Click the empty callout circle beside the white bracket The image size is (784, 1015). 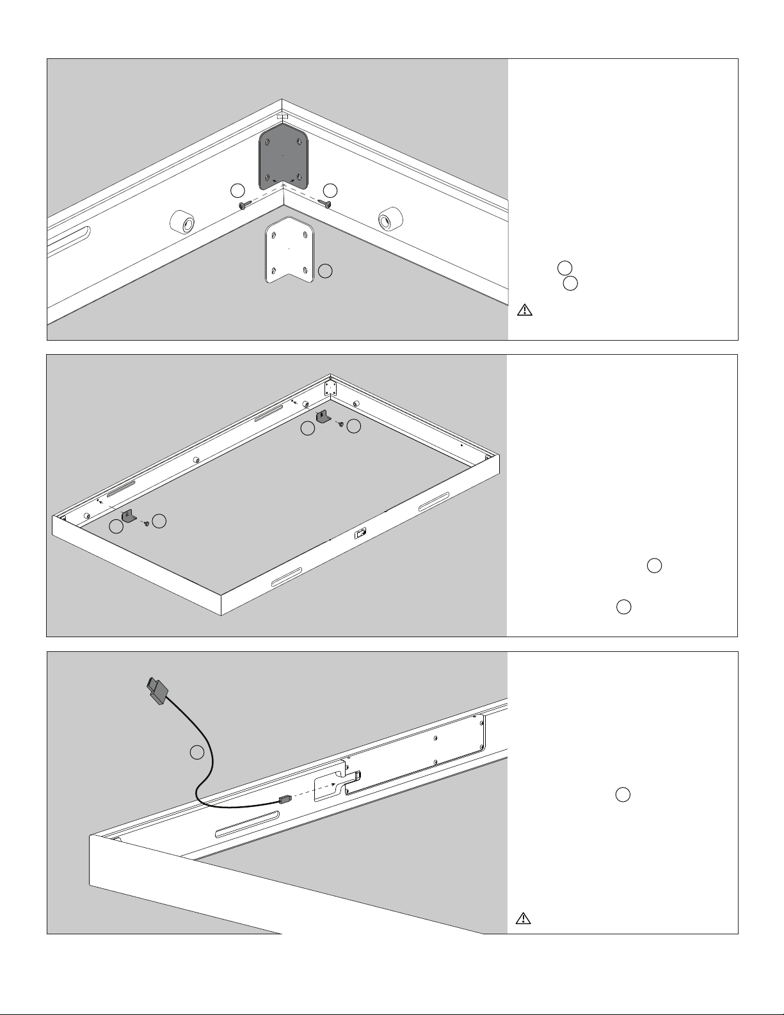tap(325, 271)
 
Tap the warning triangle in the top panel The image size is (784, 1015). tap(524, 311)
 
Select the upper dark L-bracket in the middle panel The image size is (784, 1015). tap(323, 418)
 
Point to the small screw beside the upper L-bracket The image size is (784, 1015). tap(342, 424)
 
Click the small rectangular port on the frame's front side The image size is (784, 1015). tap(362, 533)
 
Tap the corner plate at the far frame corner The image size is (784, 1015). tap(330, 388)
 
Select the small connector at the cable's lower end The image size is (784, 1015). tap(285, 799)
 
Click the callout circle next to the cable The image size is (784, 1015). tap(197, 752)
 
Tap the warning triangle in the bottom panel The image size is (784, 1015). tap(524, 919)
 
